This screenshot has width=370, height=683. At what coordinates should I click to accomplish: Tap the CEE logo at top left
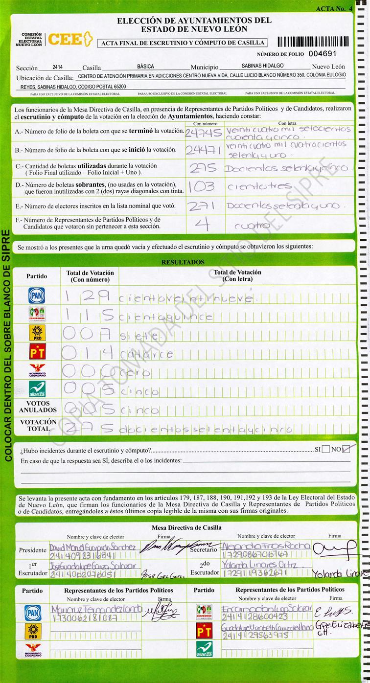click(x=70, y=40)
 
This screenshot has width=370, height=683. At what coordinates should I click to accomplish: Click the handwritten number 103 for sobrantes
click(x=204, y=186)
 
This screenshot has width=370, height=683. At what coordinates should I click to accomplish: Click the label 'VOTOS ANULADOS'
click(x=38, y=407)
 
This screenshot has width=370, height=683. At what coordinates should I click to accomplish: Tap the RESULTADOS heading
click(x=183, y=262)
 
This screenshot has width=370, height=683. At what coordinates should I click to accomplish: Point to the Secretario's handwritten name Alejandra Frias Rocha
click(x=265, y=546)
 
